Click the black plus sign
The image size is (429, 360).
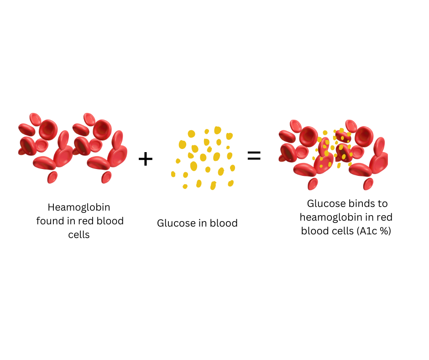point(146,159)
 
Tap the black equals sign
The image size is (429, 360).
point(254,156)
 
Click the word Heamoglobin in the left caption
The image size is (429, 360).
point(79,208)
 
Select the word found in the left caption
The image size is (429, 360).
point(49,222)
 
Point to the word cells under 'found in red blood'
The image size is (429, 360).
point(79,235)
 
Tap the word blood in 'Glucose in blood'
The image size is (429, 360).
point(224,223)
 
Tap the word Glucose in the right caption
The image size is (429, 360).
point(324,203)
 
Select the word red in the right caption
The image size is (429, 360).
point(384,217)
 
